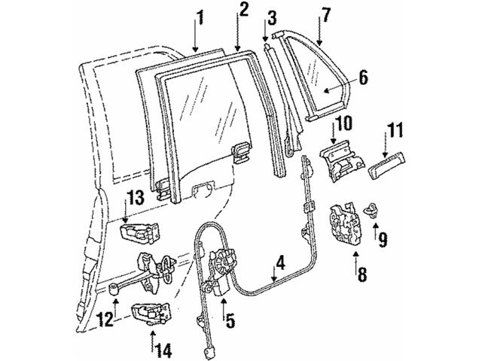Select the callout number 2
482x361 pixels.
pos(243,10)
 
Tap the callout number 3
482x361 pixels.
pos(271,16)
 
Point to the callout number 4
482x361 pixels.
pos(279,264)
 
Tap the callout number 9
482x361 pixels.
pos(383,240)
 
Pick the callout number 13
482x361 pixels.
pos(135,198)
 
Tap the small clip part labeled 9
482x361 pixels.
pos(371,211)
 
